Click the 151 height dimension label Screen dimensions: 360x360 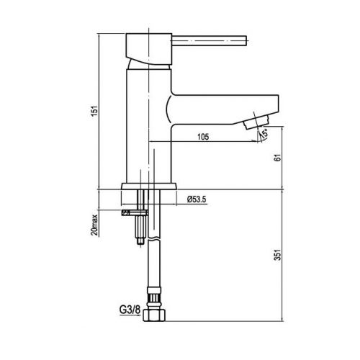click(x=95, y=111)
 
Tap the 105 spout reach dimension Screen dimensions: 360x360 click(x=203, y=137)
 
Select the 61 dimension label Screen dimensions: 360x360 click(x=277, y=158)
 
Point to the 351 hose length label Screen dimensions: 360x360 click(x=277, y=255)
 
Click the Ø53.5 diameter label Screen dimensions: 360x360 click(x=197, y=199)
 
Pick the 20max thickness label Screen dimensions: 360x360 click(x=94, y=225)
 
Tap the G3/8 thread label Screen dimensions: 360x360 click(x=130, y=310)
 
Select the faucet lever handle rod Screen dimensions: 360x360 click(x=210, y=40)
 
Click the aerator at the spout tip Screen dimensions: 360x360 click(x=256, y=121)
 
